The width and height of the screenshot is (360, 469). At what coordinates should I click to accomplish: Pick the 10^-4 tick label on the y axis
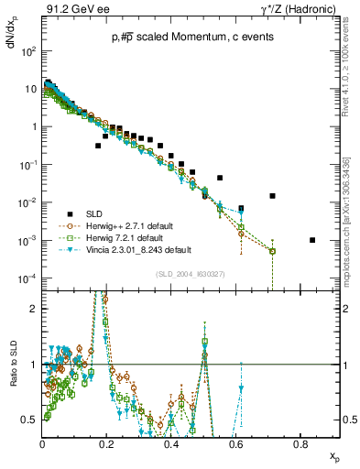pyautogui.click(x=27, y=278)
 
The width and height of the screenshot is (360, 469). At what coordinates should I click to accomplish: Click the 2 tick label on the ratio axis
pyautogui.click(x=34, y=309)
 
